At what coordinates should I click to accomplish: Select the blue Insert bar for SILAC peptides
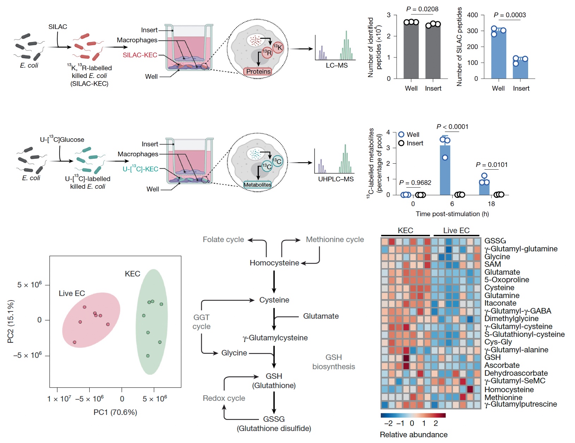pos(520,69)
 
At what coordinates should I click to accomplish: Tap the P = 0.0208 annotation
pos(422,9)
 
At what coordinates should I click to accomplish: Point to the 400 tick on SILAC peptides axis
pos(473,15)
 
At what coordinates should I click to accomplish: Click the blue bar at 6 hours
pos(445,169)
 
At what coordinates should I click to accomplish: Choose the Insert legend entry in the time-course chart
pos(411,143)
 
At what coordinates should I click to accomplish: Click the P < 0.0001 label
pos(452,127)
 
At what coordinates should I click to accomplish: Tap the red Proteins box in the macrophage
pos(258,72)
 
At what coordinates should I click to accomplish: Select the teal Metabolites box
pos(258,184)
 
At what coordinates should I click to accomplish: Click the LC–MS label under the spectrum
pos(337,65)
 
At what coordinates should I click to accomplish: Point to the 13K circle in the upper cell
pos(278,47)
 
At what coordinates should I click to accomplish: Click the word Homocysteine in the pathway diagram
pos(274,263)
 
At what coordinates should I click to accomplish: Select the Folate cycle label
pos(223,239)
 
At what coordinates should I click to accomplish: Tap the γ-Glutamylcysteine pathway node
pos(275,338)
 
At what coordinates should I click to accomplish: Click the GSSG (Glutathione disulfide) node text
pos(274,423)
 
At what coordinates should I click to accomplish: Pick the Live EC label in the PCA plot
pos(72,293)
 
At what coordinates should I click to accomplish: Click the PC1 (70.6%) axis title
pos(115,412)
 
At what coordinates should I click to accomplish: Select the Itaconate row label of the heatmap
pos(500,303)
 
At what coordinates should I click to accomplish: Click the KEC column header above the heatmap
pos(405,230)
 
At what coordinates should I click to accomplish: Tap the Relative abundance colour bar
pos(413,415)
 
